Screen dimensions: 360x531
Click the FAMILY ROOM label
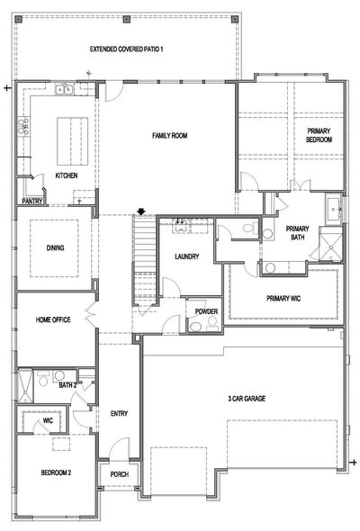point(170,136)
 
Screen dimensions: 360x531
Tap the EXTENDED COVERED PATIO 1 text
point(126,49)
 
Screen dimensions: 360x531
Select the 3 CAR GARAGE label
point(247,399)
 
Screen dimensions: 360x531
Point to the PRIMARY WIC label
point(283,298)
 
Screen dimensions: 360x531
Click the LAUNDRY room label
point(186,256)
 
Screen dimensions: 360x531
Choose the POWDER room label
point(206,311)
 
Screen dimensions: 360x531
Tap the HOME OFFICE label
point(53,319)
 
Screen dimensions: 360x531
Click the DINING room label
point(55,247)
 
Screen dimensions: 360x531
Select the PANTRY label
point(32,202)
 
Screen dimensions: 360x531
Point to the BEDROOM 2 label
point(56,472)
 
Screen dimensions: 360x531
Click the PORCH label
point(119,474)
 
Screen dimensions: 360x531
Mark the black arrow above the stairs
point(141,211)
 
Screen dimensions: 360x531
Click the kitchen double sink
point(64,89)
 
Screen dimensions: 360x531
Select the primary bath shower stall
point(331,244)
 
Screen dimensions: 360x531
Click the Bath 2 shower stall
point(25,386)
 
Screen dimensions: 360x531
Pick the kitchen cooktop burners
point(23,126)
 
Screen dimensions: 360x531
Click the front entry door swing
point(119,449)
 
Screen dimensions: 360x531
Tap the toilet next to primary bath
point(251,228)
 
